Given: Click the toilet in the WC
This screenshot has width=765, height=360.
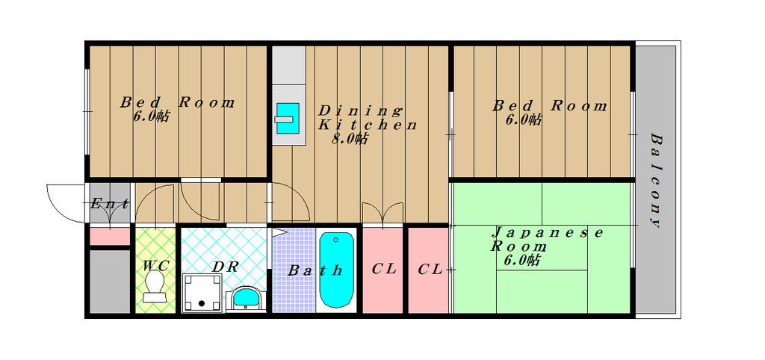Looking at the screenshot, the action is pos(155,287).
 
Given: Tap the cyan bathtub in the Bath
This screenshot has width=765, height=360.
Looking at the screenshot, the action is pos(337,270).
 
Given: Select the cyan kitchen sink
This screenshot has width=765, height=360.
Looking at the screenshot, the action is pos(288,118).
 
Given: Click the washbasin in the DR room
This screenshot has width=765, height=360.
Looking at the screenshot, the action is pos(247,297).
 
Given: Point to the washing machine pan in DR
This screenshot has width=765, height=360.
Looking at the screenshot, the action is pos(202,293).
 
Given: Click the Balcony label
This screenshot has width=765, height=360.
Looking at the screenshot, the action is pos(656,181).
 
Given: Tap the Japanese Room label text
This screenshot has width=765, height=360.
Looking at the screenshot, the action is pos(546,239).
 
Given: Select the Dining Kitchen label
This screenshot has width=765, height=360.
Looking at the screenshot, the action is pos(368,117).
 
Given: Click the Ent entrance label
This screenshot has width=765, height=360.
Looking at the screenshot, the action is pos(110,204).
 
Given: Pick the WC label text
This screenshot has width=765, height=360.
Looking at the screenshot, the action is pos(156,267).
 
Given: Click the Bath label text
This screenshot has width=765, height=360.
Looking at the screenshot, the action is pos(315,270).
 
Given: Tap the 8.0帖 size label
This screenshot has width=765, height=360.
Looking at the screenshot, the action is pos(350,140).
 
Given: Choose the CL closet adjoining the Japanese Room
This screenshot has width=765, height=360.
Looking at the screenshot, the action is pos(428,270).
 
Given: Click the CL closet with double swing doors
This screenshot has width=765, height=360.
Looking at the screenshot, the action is pos(383,270).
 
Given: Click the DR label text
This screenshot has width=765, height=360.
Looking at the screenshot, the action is pos(226,267).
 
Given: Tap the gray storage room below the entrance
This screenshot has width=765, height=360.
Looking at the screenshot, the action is pos(110,282).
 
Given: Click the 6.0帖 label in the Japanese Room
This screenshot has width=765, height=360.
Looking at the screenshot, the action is pos(522,261).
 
